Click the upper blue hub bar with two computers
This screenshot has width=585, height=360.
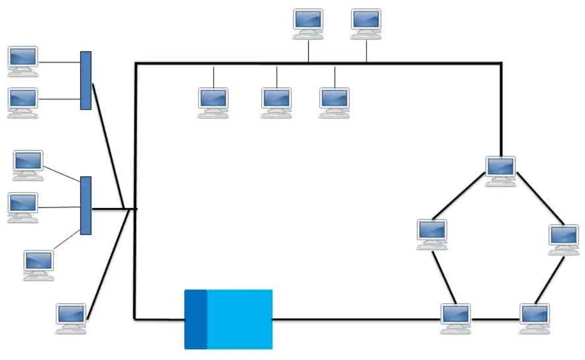86,80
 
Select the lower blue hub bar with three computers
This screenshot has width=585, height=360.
86,205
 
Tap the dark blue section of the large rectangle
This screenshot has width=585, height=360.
196,319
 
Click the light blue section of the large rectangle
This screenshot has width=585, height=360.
240,319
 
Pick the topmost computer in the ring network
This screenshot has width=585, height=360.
500,169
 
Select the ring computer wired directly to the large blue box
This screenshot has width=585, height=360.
456,316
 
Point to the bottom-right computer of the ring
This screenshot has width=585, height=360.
535,316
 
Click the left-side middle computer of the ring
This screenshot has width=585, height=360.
432,232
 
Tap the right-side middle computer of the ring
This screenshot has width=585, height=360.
564,237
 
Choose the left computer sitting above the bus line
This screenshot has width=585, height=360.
308,22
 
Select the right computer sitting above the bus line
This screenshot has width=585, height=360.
366,22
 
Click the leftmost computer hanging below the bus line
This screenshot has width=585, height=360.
213,101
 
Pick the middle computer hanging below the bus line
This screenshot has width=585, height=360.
277,101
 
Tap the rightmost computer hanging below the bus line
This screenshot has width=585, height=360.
335,101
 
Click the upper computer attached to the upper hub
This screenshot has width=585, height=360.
23,59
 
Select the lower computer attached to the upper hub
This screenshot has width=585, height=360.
23,101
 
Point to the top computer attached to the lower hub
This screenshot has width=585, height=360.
28,164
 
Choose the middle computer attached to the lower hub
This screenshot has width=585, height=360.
23,206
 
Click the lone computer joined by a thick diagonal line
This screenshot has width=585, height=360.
71,316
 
